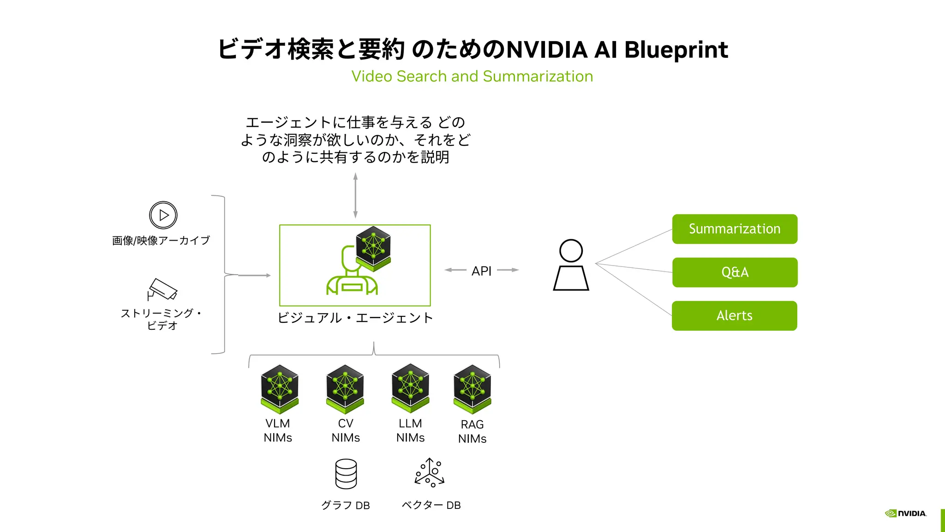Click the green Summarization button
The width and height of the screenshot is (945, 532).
735,229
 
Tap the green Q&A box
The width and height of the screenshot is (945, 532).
735,272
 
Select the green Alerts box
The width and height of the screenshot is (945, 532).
734,316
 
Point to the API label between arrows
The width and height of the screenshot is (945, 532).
481,271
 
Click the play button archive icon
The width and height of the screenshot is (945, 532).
163,215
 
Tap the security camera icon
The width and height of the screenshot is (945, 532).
162,290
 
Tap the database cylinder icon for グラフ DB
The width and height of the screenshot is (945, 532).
346,474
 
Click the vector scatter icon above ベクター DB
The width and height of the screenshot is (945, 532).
430,473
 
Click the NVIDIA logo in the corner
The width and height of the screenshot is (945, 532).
905,514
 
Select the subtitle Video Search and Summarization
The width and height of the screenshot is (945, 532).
472,76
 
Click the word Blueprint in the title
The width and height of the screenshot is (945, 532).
676,50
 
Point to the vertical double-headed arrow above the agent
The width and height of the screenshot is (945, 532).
355,195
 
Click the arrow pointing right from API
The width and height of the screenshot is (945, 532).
508,270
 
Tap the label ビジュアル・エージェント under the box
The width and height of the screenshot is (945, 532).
355,318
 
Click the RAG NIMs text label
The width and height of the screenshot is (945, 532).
472,431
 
